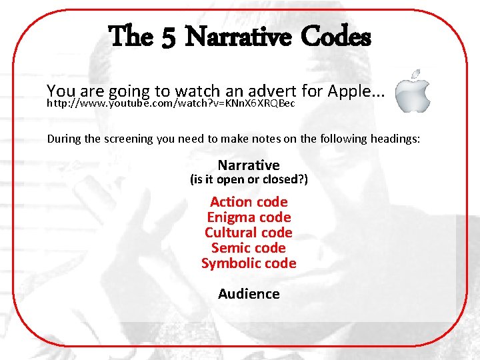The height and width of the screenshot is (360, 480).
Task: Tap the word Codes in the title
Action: click(335, 37)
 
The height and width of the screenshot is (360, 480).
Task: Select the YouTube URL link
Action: click(170, 104)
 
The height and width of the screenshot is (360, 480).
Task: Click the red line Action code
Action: click(249, 202)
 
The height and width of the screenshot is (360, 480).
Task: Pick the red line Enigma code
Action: click(249, 217)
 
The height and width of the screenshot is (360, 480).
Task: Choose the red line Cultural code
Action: click(249, 233)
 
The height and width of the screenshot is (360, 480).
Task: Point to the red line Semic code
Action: click(249, 248)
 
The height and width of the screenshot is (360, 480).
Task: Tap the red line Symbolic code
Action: click(249, 263)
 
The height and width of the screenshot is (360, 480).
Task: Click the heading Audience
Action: click(249, 294)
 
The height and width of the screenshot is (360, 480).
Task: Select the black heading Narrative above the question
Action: click(249, 165)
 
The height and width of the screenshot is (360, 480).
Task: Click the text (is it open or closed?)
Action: click(249, 180)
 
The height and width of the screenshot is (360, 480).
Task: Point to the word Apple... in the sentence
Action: click(357, 90)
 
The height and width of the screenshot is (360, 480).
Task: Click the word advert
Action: click(271, 90)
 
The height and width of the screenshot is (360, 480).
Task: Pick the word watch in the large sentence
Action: click(195, 90)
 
